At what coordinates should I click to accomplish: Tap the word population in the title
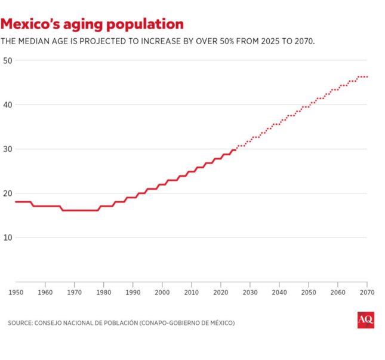(x=146, y=24)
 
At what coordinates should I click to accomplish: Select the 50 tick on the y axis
(x=8, y=60)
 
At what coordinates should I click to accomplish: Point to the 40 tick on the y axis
(x=8, y=104)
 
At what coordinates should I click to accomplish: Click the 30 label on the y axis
(x=8, y=149)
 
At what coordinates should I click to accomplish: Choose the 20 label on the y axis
(x=8, y=193)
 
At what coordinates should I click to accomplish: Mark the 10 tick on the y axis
(x=8, y=237)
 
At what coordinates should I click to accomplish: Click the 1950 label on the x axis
(x=16, y=293)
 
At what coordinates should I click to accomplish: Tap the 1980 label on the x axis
(x=104, y=293)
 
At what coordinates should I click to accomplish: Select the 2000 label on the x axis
(x=162, y=293)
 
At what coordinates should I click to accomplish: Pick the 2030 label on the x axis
(x=250, y=293)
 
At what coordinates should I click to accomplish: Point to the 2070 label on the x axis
(x=366, y=293)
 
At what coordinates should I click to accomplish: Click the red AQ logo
(x=365, y=320)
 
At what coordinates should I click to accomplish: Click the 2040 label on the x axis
(x=279, y=293)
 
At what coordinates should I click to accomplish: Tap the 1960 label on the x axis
(x=45, y=293)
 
